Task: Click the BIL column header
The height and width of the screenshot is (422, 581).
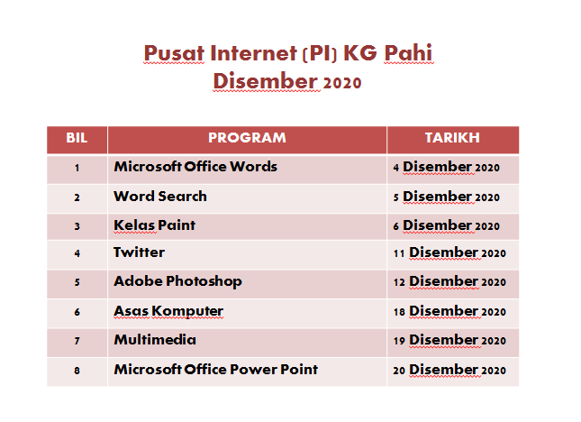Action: pos(77,138)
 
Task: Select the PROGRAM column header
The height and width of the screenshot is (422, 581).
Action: pos(247,138)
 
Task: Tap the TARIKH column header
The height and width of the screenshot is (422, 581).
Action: pos(452,138)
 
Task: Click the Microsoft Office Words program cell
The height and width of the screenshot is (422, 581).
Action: pos(195,167)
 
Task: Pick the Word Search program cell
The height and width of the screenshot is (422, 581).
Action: pos(160,197)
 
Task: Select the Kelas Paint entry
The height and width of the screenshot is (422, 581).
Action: pos(155,225)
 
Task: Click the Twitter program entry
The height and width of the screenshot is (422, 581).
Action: pos(139,252)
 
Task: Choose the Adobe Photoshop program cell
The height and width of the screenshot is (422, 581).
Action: pos(177,281)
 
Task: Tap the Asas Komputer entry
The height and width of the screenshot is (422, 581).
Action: pos(168,311)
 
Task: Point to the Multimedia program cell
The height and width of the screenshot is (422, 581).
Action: pos(155,340)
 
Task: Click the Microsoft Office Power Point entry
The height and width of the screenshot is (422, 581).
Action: pos(215,370)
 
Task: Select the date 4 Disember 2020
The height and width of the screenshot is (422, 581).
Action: pos(447,167)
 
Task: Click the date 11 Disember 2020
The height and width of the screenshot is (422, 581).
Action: pos(449,252)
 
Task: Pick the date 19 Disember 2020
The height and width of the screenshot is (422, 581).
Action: pos(449,340)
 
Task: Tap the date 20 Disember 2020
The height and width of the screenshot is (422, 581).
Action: pos(449,370)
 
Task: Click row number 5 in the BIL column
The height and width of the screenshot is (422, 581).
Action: pos(77,282)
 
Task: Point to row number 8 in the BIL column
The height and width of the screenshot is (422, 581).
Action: pos(77,371)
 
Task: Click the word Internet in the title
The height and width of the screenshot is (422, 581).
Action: pos(253,53)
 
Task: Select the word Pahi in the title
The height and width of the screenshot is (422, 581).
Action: pos(408,53)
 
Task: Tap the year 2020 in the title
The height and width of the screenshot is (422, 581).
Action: pos(342,82)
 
